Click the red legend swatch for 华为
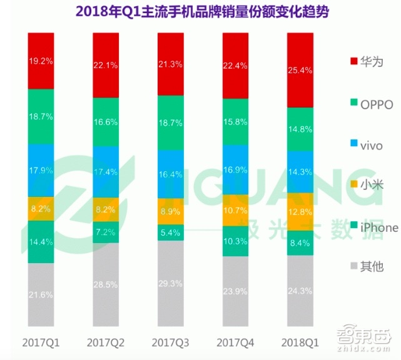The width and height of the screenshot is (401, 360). [x=353, y=61]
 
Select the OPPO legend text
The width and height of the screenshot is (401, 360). [x=377, y=104]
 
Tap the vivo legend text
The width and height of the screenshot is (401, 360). [x=373, y=145]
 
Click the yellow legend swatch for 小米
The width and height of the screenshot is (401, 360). [x=353, y=186]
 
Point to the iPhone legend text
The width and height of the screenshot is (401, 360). [x=379, y=227]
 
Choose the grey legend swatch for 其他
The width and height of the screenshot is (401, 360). [x=353, y=267]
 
